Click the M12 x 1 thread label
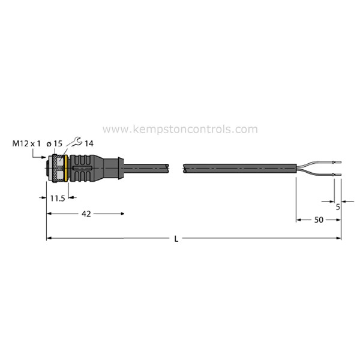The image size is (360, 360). click(26, 144)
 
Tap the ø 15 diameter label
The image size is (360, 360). click(54, 144)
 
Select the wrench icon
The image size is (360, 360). click(75, 142)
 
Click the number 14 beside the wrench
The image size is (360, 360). click(89, 144)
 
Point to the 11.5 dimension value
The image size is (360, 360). click(58, 199)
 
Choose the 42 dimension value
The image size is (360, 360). click(86, 214)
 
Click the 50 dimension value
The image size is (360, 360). click(319, 220)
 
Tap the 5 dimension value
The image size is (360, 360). click(338, 207)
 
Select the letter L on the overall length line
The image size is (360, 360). click(176, 239)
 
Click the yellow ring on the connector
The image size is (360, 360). click(66, 168)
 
